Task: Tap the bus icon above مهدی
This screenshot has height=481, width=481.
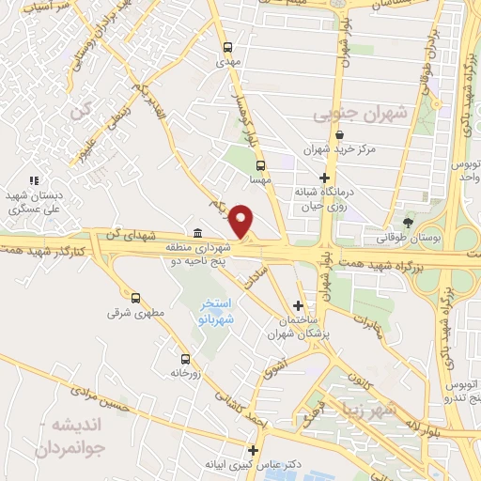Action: pyautogui.click(x=226, y=47)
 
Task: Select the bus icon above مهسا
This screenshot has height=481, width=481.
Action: pyautogui.click(x=259, y=164)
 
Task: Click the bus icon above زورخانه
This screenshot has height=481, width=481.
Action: pyautogui.click(x=184, y=358)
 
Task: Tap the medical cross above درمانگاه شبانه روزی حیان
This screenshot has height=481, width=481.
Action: pyautogui.click(x=324, y=178)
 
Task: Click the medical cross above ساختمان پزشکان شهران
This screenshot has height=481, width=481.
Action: pyautogui.click(x=298, y=305)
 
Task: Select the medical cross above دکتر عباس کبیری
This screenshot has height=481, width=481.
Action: pyautogui.click(x=252, y=449)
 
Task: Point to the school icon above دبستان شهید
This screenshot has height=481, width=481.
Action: pyautogui.click(x=34, y=180)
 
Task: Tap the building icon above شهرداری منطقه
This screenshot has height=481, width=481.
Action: pyautogui.click(x=197, y=233)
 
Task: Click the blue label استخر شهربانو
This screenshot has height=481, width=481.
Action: pyautogui.click(x=218, y=313)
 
